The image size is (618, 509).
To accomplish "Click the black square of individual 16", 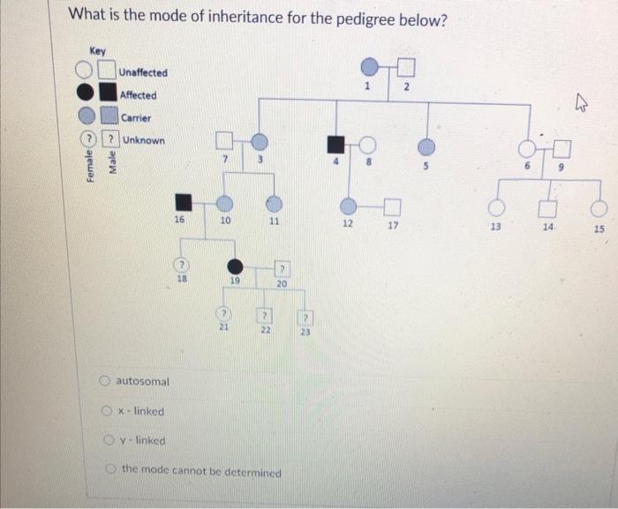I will [x=183, y=202].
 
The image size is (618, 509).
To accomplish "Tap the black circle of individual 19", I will [x=236, y=266].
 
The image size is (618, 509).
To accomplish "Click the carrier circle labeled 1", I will [x=370, y=67].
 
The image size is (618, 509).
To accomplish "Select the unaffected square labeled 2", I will [x=406, y=67].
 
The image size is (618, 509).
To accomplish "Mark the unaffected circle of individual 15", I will [x=599, y=208].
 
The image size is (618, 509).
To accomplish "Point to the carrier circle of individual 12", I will [x=349, y=206].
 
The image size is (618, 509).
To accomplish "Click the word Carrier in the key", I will [x=136, y=117].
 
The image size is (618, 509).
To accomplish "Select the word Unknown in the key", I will [x=143, y=140].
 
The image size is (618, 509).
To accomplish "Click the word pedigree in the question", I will [x=345, y=17].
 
